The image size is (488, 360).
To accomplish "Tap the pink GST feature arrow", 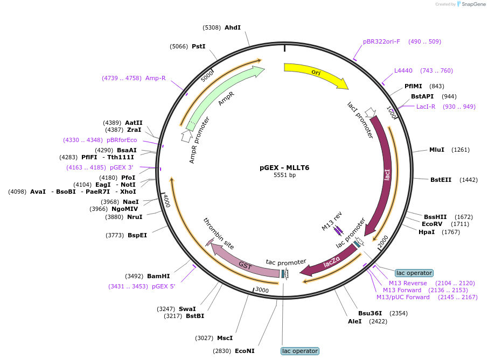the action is (x=243, y=263).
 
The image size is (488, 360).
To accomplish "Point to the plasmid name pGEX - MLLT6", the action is (x=284, y=167).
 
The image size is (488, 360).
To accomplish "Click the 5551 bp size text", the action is (x=284, y=175).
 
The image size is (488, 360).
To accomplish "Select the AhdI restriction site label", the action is (x=233, y=27).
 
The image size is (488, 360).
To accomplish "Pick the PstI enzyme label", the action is (x=199, y=46).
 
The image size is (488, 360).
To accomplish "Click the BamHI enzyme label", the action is (x=158, y=276).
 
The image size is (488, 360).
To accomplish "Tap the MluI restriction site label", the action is (x=437, y=150).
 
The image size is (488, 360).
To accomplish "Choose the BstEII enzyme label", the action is (x=441, y=180).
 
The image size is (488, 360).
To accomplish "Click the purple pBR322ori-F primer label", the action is (x=381, y=41).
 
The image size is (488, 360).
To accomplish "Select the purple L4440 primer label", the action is (x=403, y=70).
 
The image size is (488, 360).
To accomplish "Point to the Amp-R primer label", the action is (x=155, y=78).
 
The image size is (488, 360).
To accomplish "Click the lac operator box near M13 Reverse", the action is (x=414, y=273).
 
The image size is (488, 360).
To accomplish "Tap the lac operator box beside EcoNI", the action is (x=300, y=351).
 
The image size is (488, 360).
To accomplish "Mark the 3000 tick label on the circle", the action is (x=262, y=290).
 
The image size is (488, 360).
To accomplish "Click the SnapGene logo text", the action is (x=473, y=4).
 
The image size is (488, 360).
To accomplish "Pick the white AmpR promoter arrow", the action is (x=186, y=136).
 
